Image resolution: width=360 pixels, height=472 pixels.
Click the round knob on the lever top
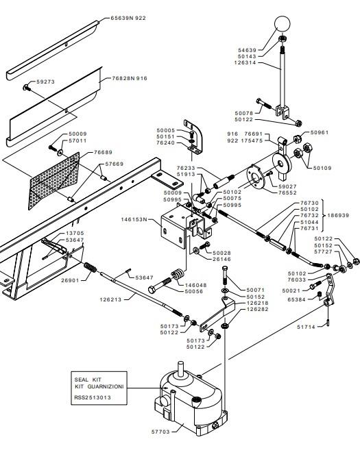[283, 24]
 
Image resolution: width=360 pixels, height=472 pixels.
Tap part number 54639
[247, 50]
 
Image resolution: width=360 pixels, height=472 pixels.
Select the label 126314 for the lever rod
[245, 62]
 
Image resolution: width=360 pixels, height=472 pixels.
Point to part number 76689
[103, 152]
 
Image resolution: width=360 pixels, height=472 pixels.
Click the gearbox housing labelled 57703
[191, 401]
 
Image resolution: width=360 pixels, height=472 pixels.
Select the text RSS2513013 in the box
[93, 397]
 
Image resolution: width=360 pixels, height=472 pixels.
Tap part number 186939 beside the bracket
[338, 215]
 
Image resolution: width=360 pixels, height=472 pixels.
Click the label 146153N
[134, 219]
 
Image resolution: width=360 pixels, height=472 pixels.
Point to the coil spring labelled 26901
[90, 267]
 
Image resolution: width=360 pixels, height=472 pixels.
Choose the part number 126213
[110, 299]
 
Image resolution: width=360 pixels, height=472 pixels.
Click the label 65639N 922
[128, 18]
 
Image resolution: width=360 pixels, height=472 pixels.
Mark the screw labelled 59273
[25, 88]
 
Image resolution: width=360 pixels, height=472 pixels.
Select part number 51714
[306, 327]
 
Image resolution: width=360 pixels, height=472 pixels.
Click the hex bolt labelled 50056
[160, 286]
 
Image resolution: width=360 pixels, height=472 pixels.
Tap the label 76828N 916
[130, 78]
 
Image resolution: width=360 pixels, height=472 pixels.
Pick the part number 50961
[320, 132]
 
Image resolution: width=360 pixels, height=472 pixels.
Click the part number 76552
[287, 192]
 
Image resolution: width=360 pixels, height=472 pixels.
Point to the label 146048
[193, 285]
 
